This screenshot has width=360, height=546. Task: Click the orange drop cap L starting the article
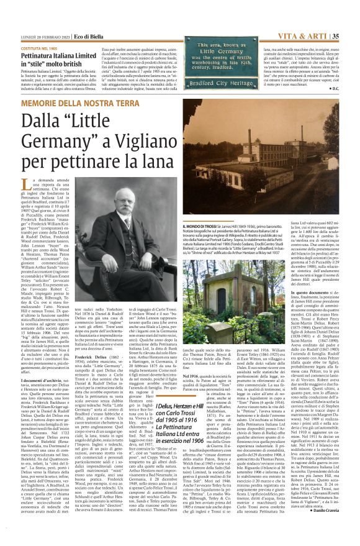(25, 183)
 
